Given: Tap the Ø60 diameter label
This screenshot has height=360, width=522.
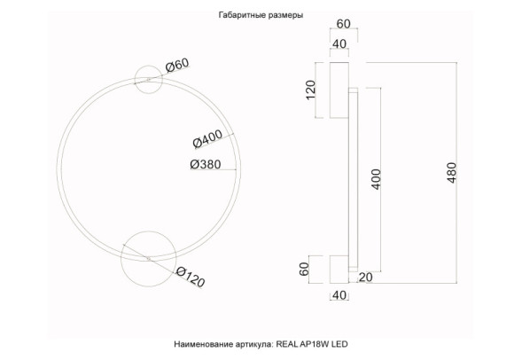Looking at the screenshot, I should tap(178, 66).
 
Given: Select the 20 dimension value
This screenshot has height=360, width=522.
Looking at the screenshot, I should tap(365, 278).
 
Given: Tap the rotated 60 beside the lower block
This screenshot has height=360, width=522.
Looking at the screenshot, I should tap(305, 270).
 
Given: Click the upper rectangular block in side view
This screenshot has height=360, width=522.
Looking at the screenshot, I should tap(339, 89).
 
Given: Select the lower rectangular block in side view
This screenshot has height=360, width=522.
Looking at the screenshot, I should tap(339, 268).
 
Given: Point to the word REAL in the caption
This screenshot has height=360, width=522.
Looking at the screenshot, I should tap(289, 341).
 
